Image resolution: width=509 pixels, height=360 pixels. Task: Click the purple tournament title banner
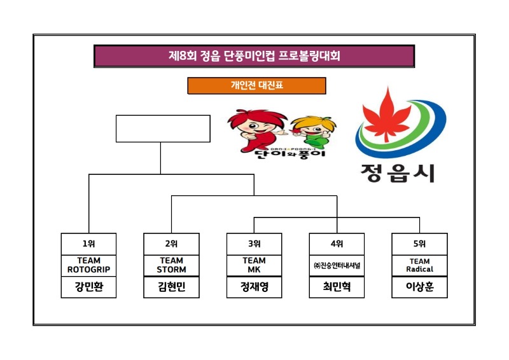[254, 56]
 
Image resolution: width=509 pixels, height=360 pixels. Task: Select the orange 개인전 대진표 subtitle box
[256, 85]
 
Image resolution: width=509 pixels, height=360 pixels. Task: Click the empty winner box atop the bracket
[163, 128]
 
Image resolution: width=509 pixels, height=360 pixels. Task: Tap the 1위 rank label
[89, 244]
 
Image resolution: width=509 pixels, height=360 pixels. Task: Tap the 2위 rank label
[172, 244]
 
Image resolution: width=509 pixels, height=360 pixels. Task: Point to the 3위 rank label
[254, 244]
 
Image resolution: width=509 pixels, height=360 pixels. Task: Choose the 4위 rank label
[337, 244]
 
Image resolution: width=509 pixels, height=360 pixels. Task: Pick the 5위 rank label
[419, 244]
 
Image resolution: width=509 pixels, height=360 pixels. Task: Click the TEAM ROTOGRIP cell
[89, 265]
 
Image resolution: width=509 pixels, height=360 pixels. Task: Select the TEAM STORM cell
[172, 265]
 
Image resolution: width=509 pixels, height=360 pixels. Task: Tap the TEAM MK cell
[254, 265]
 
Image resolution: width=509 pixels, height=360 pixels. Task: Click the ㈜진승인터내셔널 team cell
[337, 265]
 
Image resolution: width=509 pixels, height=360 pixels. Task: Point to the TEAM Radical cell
[419, 265]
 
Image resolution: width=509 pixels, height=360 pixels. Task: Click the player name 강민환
[89, 287]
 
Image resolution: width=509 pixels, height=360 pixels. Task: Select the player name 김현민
[172, 287]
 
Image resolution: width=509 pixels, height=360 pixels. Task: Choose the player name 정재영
[254, 287]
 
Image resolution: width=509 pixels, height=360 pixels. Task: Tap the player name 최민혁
[337, 287]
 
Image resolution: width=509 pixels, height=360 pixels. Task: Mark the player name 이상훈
[419, 287]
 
